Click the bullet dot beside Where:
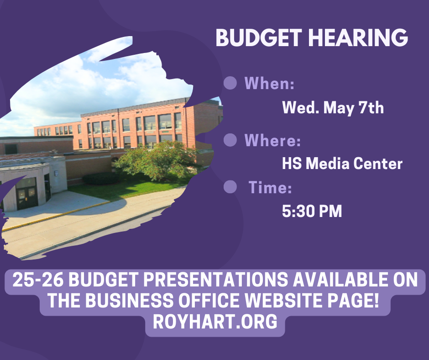230,140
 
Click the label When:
269,84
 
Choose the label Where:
273,140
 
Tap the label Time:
270,187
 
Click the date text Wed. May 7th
333,108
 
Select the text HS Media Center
342,164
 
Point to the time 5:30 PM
312,212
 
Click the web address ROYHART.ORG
215,322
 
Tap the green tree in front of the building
155,160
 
